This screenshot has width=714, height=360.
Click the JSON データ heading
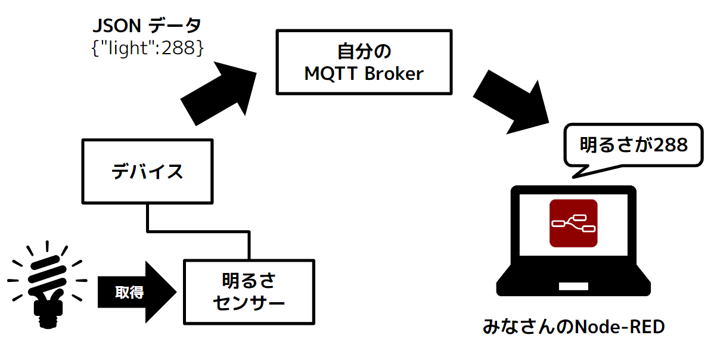point(147,26)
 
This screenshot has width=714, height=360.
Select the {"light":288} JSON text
point(147,48)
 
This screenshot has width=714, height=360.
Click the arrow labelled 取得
point(136,291)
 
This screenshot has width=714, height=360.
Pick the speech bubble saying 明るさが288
point(634,145)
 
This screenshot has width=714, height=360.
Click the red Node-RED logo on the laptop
point(573,223)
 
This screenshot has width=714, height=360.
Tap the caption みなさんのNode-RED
point(573,327)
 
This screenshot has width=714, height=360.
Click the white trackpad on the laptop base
point(573,286)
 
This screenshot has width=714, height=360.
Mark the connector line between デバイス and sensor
point(198,232)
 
